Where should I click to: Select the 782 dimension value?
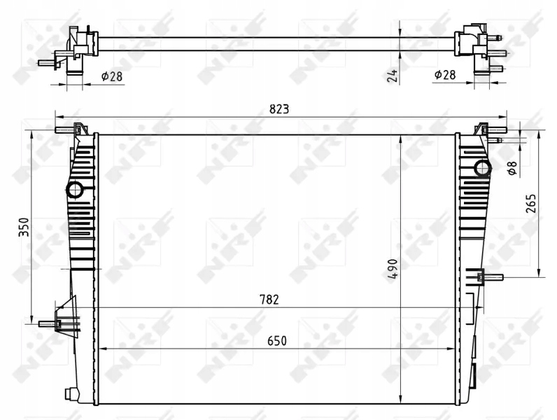coord(269,300)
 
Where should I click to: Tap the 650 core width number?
coord(276,341)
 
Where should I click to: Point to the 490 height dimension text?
coord(392,269)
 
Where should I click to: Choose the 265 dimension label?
coord(532,204)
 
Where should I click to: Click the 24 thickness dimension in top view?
coord(392,75)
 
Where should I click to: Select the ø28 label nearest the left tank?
coord(112,76)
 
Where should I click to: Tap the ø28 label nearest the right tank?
coord(446,75)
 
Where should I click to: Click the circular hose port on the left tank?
coord(75,189)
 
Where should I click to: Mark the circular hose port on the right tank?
coord(482,167)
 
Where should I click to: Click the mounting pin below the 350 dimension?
coord(49,324)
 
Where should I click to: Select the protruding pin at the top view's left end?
coord(45,63)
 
